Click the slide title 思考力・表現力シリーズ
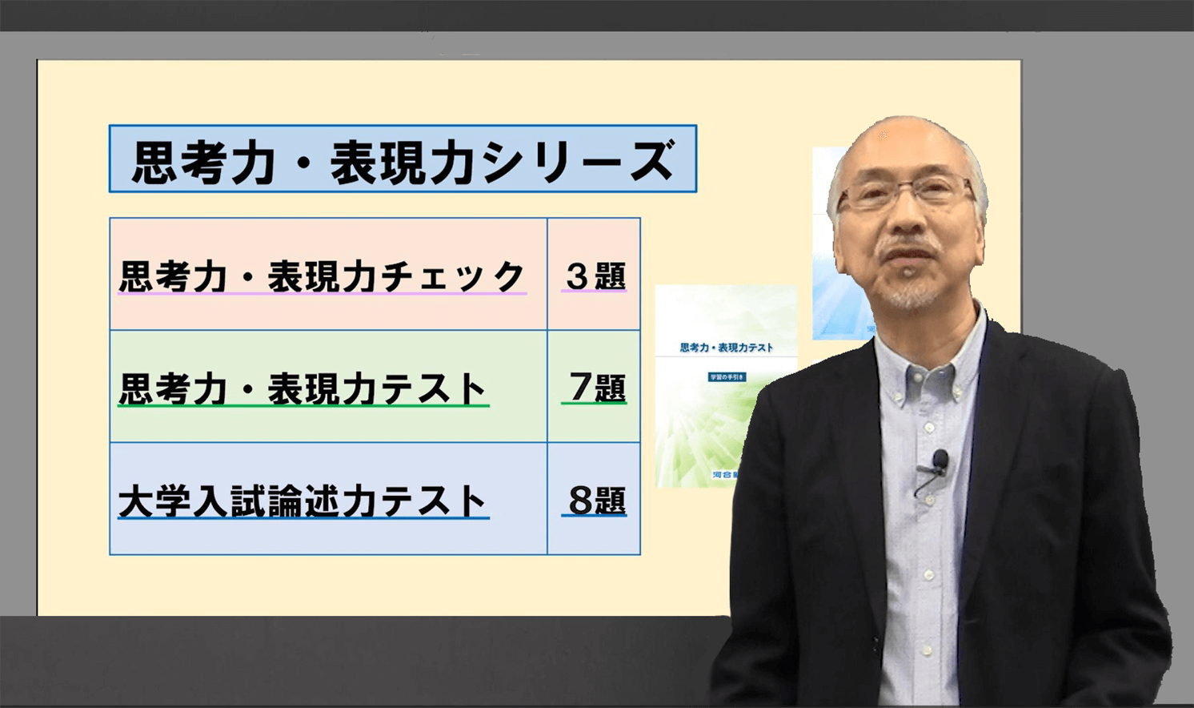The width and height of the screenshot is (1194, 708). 403,159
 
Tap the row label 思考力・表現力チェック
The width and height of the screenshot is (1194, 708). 322,276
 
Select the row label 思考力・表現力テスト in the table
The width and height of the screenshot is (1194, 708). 303,389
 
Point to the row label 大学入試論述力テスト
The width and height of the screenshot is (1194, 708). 303,501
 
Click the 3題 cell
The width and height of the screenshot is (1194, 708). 595,276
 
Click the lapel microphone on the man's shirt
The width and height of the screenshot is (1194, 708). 940,461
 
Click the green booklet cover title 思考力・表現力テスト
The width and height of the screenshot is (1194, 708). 726,348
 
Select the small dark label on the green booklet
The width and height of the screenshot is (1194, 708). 727,376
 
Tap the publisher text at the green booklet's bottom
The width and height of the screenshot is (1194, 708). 723,475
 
